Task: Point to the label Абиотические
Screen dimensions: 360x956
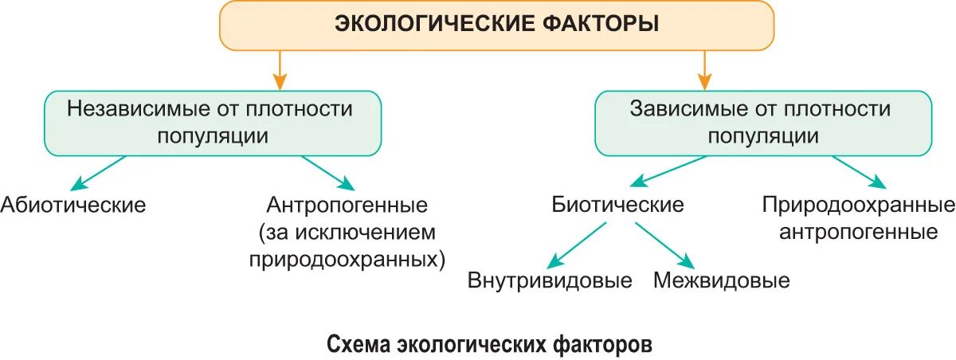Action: (x=73, y=205)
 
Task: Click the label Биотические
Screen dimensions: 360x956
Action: (x=618, y=205)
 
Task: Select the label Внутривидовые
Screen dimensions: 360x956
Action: (x=550, y=280)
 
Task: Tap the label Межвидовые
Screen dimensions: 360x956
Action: (x=722, y=280)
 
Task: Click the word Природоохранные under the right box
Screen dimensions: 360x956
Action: (x=858, y=205)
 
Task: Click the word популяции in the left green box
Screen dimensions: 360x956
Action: (x=212, y=135)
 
